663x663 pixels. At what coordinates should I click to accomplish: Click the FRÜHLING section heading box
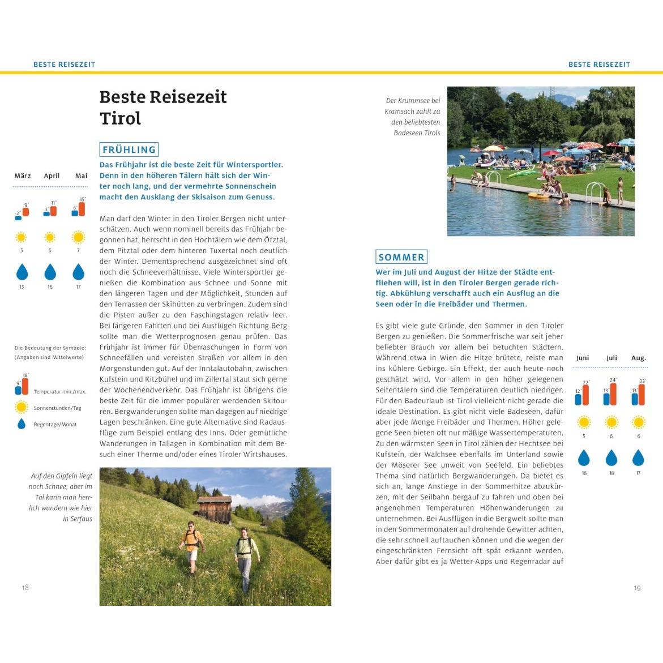coord(129,149)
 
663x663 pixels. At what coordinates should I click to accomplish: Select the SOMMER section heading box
coord(401,257)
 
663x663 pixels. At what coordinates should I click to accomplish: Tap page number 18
coord(25,588)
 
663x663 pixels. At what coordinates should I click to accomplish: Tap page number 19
coord(637,588)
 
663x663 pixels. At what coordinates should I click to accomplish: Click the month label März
coord(23,176)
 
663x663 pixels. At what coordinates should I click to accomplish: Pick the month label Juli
coord(611,358)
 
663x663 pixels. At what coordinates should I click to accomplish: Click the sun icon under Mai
coord(78,237)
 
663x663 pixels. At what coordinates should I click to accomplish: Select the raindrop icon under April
coord(50,272)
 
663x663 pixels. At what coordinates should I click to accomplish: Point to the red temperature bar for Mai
coord(82,209)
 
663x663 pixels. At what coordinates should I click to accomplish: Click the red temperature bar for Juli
coord(614,394)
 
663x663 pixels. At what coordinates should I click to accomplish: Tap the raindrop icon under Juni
coord(584,457)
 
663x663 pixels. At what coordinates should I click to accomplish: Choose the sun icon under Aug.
coord(639,422)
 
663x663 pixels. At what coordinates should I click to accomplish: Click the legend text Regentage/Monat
coord(55,424)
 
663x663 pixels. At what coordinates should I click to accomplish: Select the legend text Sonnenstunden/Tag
coord(57,408)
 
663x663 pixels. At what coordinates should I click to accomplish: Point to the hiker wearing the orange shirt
coord(191,544)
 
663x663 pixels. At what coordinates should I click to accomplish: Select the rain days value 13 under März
coord(22,287)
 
